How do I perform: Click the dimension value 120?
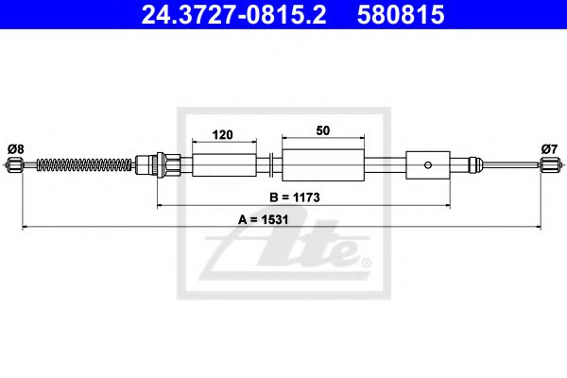pos(224,134)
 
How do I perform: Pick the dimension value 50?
pos(324,134)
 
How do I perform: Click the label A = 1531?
pos(265,219)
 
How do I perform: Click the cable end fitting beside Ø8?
pos(13,167)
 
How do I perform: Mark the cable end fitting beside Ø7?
pos(550,167)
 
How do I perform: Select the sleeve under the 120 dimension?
pos(224,166)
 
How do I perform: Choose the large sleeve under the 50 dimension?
pos(324,165)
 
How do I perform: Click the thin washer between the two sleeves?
pos(271,166)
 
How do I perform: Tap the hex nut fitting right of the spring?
pos(169,166)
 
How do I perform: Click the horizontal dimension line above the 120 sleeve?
pos(224,143)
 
